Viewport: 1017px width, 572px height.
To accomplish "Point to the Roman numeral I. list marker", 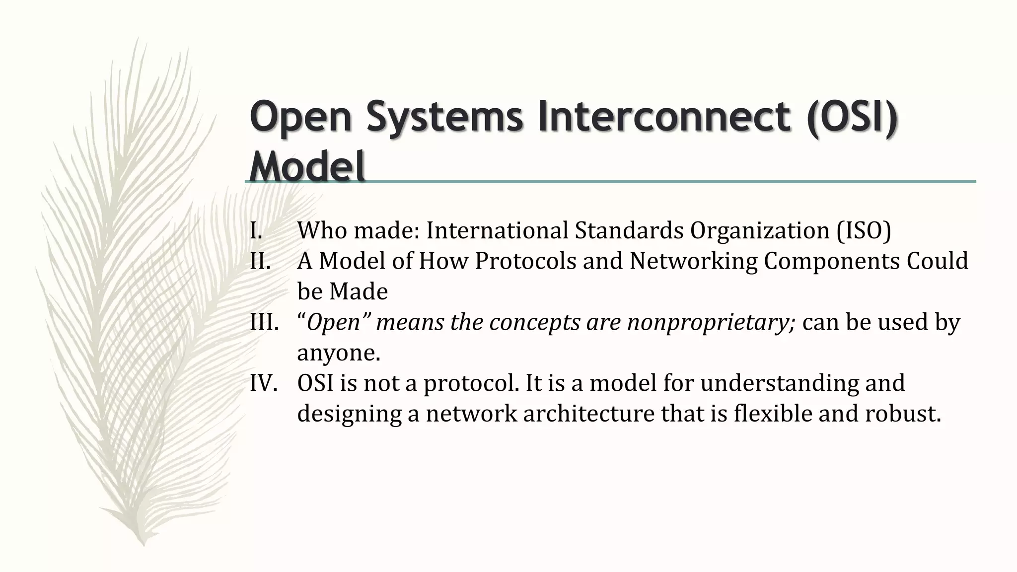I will (x=256, y=230).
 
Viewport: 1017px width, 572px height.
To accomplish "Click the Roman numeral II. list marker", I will (x=260, y=261).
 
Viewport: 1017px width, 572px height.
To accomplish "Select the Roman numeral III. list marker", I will (x=264, y=323).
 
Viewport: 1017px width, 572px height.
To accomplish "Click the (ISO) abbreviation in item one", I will (x=864, y=230).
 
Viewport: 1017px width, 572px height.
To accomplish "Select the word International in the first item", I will (x=497, y=230).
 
